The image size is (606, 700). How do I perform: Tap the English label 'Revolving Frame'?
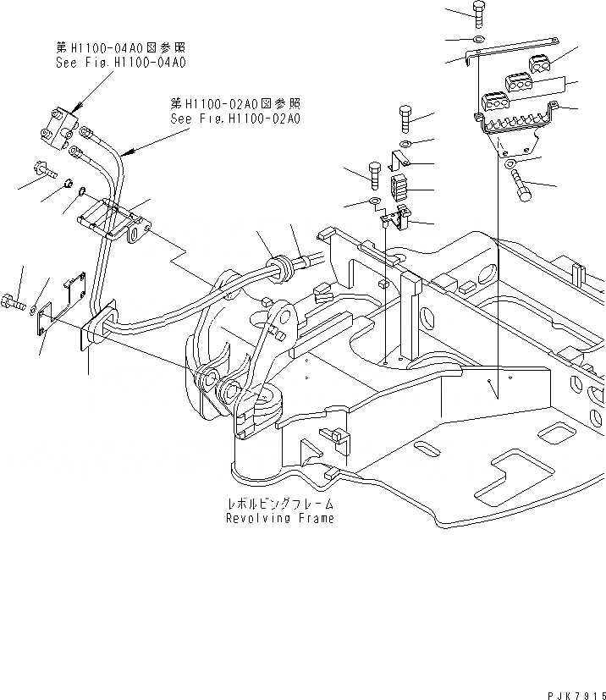tap(280, 518)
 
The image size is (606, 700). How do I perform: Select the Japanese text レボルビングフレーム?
tap(280, 503)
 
